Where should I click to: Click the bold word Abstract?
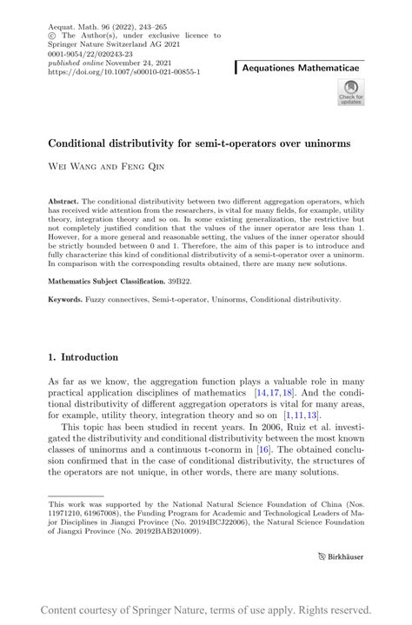pyautogui.click(x=63, y=201)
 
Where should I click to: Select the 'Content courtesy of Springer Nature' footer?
pyautogui.click(x=206, y=609)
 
